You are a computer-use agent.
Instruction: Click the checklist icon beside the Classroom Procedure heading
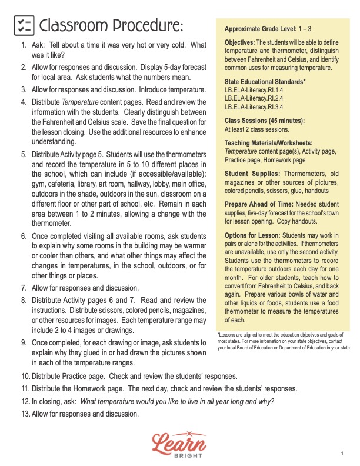pos(23,25)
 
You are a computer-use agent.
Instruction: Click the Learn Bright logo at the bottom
pos(179,443)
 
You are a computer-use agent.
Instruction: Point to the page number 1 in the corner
pos(342,454)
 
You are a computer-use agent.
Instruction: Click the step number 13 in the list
pos(24,414)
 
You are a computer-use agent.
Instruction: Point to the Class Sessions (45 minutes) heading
pos(264,121)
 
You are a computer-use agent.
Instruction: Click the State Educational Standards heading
pos(265,81)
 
